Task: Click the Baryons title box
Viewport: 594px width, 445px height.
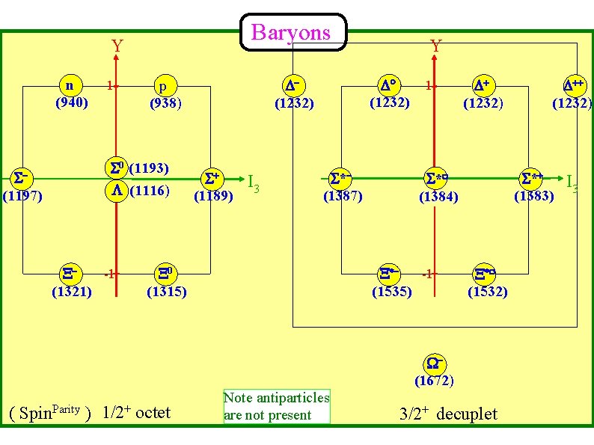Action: pos(292,32)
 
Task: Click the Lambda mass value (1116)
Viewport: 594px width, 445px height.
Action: pos(149,191)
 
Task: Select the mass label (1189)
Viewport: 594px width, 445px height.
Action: pos(213,197)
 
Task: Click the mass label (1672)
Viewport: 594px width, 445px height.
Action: pos(434,381)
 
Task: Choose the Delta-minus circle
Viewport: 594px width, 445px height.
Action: pos(292,85)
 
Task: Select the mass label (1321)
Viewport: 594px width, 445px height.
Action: pos(71,291)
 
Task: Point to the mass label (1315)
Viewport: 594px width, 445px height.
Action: pos(166,291)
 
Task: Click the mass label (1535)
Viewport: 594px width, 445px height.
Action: pos(392,291)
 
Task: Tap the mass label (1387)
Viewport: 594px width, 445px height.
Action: pos(343,197)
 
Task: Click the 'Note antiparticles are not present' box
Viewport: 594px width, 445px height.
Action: pos(276,406)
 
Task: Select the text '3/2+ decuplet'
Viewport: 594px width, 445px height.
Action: pos(449,414)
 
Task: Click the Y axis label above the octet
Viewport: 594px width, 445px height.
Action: pos(117,46)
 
